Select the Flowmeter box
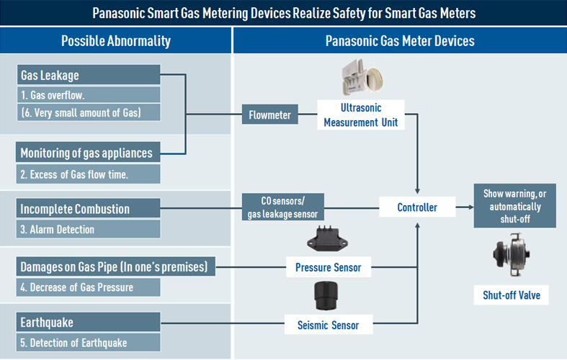tap(269, 114)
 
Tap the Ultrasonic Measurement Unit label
tap(360, 115)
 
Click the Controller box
tap(417, 207)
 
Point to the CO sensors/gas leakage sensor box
tap(282, 207)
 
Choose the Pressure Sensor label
tap(328, 268)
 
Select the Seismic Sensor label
tap(328, 325)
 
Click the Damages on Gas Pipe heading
tap(115, 267)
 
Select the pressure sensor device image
tap(328, 238)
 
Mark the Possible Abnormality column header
tap(115, 40)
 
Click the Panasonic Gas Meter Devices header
tap(400, 40)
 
